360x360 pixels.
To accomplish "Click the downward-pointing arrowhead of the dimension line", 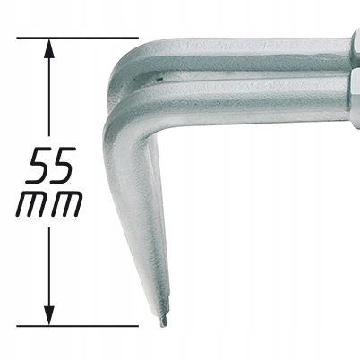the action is tap(49, 315).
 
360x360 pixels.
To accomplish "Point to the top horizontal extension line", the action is tap(78, 38).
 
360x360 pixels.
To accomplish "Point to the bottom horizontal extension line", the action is tap(78, 326).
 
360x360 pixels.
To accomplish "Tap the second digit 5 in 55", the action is tap(62, 165).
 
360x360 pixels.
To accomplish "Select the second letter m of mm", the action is tap(66, 204).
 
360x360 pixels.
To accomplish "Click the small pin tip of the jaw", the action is tap(163, 321).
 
